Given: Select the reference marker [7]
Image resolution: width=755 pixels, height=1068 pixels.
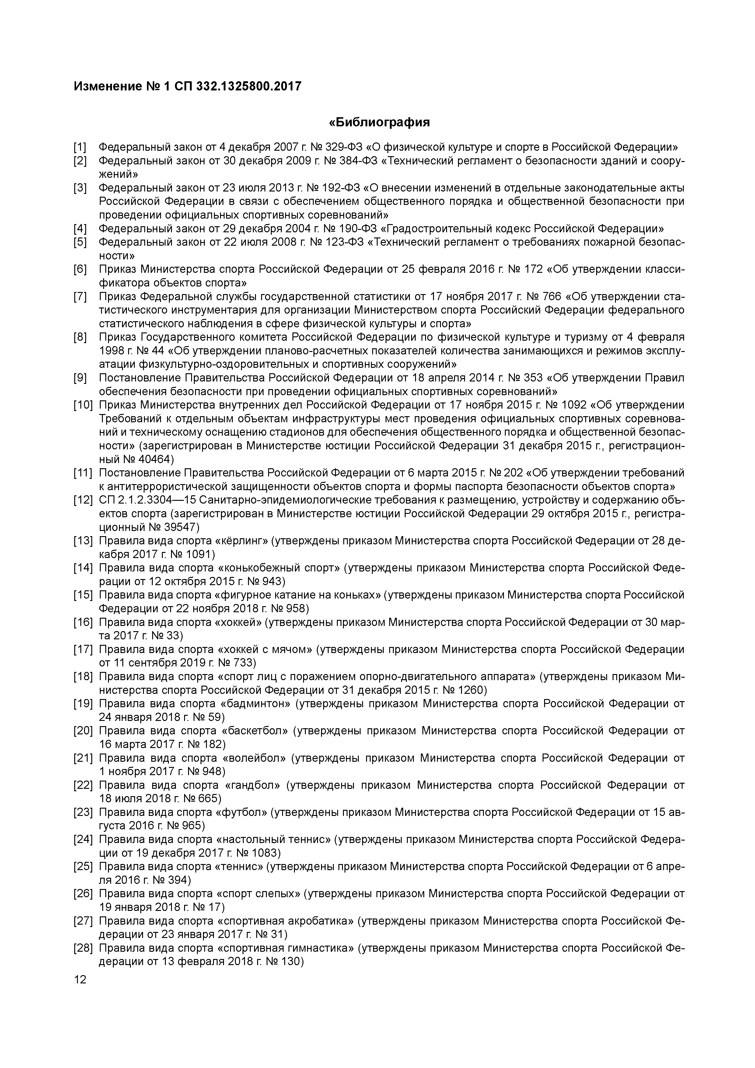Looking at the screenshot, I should [x=80, y=296].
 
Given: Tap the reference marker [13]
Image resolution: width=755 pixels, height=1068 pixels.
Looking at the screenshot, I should [x=83, y=540].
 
